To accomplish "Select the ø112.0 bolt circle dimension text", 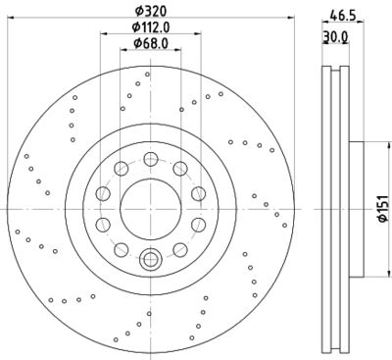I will (x=150, y=29).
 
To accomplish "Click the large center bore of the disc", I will (x=150, y=208).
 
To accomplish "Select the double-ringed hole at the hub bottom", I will (x=150, y=259).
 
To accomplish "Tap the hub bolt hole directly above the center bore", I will (x=150, y=159).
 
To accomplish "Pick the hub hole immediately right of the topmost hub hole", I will (x=179, y=170).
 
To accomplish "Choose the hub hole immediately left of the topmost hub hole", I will (x=120, y=170).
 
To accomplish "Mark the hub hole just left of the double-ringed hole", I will (x=121, y=247).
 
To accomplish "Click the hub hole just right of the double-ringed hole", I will (x=179, y=247).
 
